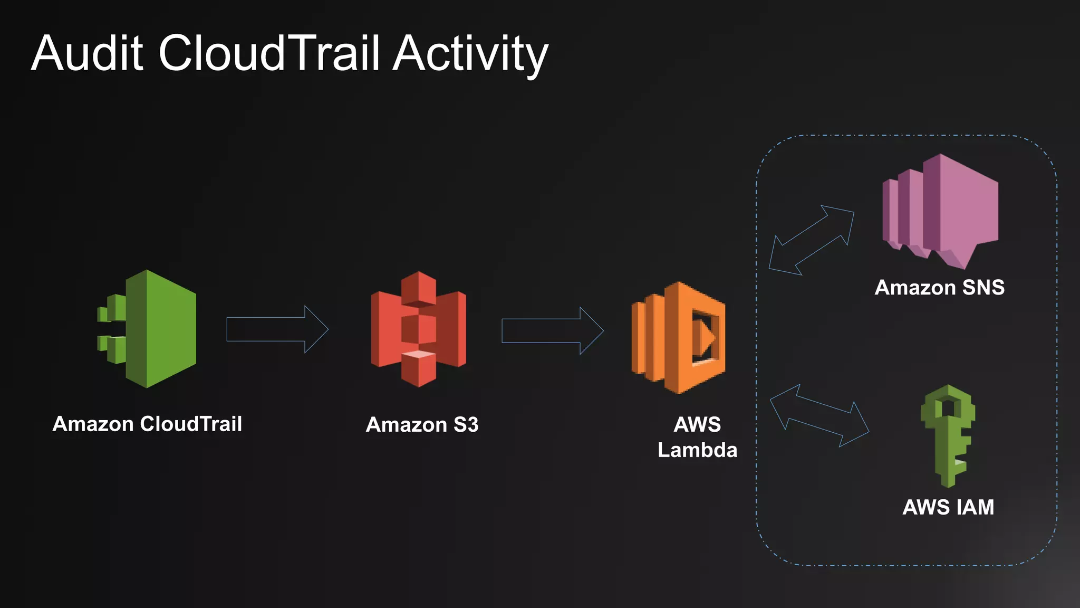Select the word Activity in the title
coord(470,54)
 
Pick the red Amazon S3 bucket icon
coord(418,329)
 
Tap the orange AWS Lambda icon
coord(679,338)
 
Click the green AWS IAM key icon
coord(948,435)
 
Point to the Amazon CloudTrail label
coord(147,424)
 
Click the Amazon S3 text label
coord(422,425)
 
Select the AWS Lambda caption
coord(697,437)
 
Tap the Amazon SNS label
coord(939,288)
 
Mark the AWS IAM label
coord(948,507)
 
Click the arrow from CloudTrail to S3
coord(277,329)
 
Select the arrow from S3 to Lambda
coord(552,330)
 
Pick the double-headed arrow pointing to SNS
coord(812,240)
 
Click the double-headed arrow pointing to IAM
coord(819,415)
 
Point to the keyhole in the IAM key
coord(948,407)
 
